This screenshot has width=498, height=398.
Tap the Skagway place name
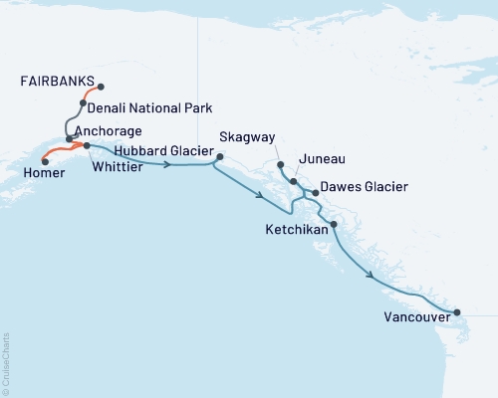(248, 136)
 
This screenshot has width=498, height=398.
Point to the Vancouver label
(414, 319)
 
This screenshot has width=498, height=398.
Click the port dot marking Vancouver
(457, 312)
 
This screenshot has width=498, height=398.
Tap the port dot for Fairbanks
(101, 86)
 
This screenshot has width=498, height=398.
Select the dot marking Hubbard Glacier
(219, 156)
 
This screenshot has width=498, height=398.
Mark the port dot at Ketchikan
(334, 224)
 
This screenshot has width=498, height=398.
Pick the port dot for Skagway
(281, 164)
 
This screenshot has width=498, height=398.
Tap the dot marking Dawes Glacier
(315, 192)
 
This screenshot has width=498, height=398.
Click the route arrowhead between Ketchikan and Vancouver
(372, 276)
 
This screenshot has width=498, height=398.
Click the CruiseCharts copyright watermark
(6, 358)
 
